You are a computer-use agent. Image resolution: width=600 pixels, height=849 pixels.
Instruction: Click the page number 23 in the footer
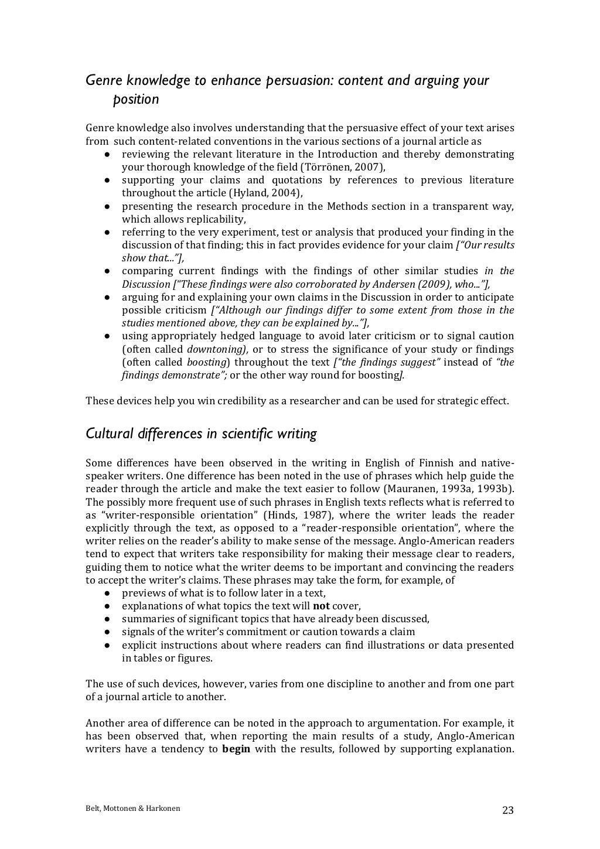click(507, 810)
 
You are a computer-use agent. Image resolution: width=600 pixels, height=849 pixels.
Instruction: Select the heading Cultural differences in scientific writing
click(201, 434)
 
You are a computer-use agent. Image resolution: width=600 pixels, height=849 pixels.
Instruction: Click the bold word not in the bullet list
click(321, 606)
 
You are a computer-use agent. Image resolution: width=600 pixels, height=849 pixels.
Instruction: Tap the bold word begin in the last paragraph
click(236, 749)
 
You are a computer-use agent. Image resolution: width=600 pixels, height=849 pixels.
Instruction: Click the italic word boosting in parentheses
click(206, 362)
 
